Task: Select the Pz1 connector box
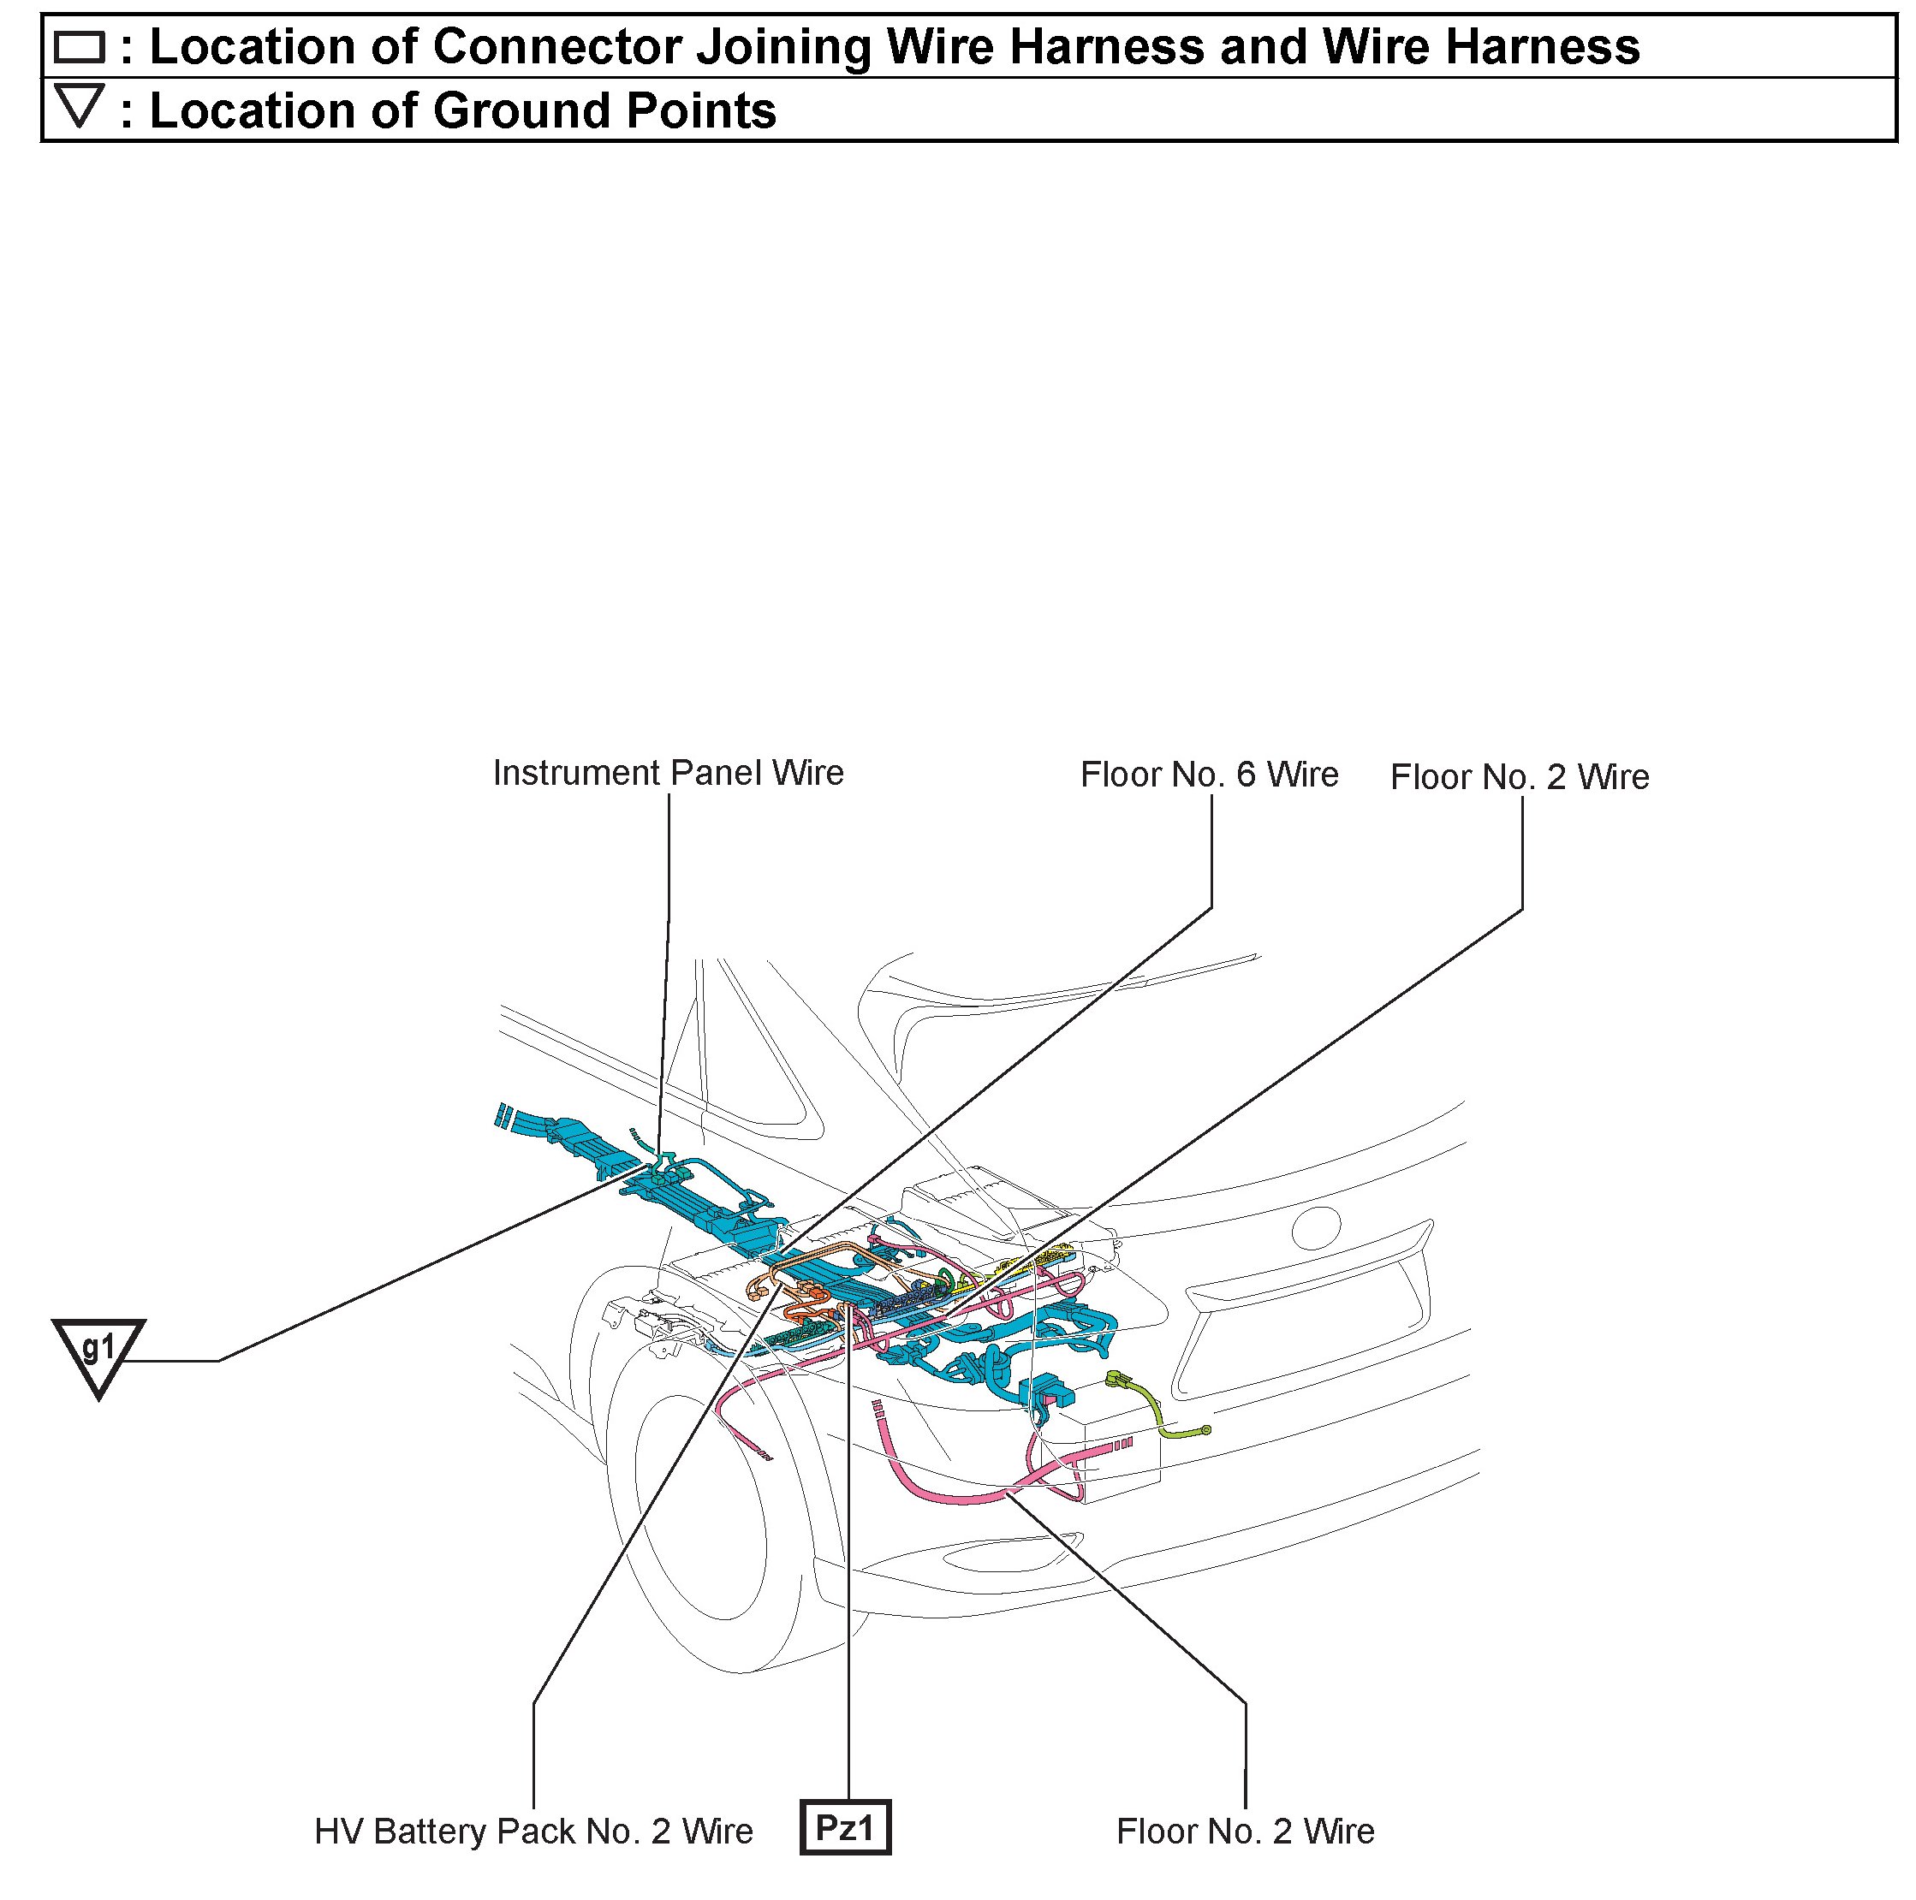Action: (845, 1826)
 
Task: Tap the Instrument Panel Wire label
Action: (668, 773)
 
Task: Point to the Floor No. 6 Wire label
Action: (1209, 775)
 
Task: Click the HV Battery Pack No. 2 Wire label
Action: (533, 1831)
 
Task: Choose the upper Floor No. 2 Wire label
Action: (1520, 776)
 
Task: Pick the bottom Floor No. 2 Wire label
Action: (1245, 1831)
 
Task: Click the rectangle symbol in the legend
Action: (80, 46)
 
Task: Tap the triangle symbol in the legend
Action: (80, 106)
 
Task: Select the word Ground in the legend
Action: (515, 110)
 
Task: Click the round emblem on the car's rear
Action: (1315, 1229)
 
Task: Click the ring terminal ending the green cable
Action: (1205, 1430)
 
